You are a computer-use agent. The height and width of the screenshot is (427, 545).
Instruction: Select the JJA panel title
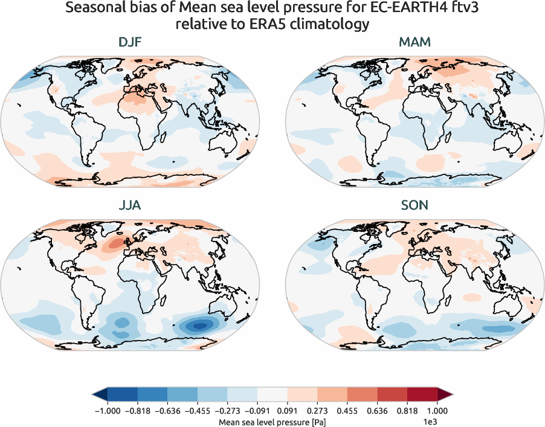pos(129,205)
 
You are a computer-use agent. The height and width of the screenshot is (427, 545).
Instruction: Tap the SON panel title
pos(415,205)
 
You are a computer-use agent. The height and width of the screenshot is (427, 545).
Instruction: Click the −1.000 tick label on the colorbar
pos(107,410)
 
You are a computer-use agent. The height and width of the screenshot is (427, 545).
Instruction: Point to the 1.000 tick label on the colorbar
pos(437,410)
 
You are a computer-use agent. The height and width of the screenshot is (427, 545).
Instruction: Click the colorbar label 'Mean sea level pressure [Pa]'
pos(271,420)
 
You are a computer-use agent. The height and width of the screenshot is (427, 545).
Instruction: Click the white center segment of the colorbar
pos(272,394)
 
